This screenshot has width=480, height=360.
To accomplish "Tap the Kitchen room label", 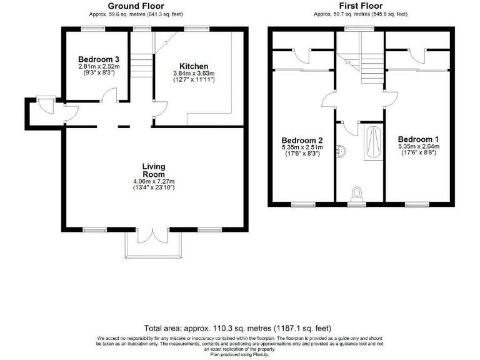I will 193,66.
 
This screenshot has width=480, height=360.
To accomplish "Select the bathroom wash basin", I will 341,149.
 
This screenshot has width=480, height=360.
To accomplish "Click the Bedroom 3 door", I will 109,95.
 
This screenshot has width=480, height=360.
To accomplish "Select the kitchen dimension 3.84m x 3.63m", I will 193,74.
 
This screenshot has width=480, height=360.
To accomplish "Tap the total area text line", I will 237,328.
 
